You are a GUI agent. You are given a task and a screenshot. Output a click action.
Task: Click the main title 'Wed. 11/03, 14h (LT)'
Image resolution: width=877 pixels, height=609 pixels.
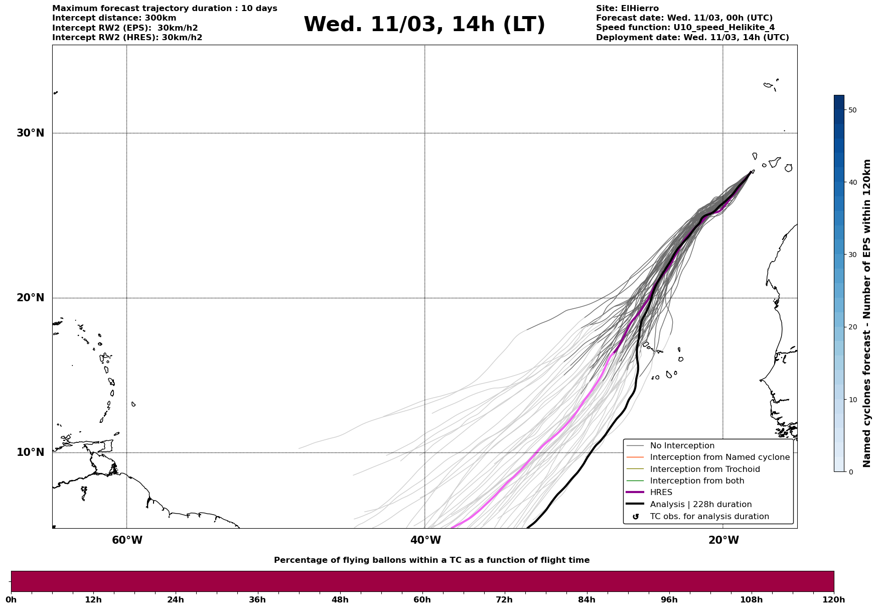[424, 25]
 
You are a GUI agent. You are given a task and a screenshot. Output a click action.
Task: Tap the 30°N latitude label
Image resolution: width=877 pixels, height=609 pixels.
[31, 133]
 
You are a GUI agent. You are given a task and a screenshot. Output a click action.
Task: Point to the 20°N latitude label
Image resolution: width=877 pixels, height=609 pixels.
[31, 298]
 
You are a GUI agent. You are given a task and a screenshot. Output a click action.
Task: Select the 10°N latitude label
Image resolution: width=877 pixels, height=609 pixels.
[31, 452]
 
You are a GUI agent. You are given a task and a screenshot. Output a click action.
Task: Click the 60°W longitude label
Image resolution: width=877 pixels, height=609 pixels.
[127, 540]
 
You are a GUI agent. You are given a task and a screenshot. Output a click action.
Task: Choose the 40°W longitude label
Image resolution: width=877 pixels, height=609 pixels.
[425, 540]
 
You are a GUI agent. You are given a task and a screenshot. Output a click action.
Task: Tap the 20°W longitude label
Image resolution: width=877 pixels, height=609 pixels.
[723, 540]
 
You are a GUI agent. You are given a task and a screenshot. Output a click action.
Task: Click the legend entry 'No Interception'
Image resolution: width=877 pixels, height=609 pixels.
[682, 446]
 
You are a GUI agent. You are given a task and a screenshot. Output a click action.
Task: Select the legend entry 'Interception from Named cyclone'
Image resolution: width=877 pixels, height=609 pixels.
[719, 457]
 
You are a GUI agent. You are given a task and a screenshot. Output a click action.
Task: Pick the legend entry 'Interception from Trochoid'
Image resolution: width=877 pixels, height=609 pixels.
[704, 469]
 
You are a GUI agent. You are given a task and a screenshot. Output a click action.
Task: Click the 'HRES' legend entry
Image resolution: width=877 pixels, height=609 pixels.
[661, 493]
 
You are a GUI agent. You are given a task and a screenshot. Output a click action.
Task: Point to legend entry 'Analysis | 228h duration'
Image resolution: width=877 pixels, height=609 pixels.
[700, 505]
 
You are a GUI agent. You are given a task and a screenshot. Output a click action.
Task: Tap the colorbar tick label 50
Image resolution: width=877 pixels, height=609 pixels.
[852, 110]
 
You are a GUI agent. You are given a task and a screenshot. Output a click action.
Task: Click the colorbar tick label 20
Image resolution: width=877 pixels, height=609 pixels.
[852, 327]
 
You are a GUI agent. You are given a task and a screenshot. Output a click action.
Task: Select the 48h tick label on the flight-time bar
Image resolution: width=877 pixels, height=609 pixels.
[340, 600]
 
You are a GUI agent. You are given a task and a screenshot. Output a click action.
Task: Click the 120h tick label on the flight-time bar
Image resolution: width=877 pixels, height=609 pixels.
[833, 600]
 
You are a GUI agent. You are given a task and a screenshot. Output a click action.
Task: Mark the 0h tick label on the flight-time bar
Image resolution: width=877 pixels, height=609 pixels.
[12, 600]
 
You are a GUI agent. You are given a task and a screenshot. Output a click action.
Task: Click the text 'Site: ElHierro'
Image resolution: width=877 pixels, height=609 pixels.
[627, 9]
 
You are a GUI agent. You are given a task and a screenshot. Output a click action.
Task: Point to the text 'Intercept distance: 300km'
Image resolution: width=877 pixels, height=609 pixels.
[114, 18]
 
